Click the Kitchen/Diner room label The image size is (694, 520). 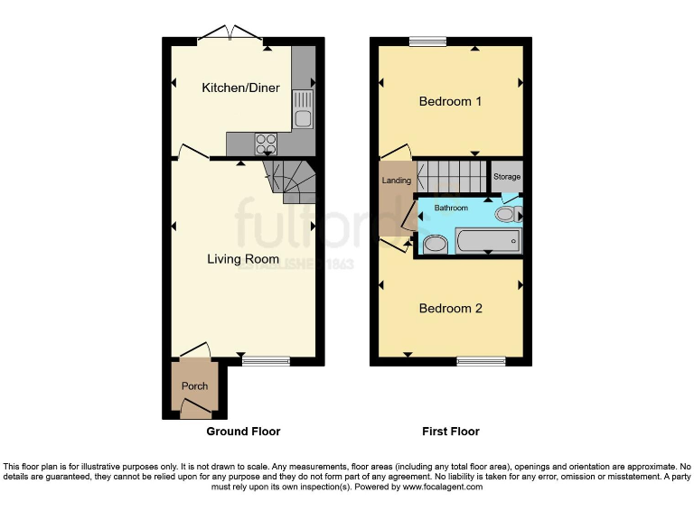(x=240, y=88)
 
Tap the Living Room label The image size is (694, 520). (x=243, y=259)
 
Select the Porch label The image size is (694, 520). (x=194, y=386)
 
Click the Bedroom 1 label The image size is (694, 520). (x=450, y=101)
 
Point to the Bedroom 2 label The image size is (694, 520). (x=450, y=309)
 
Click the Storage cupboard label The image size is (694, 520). (x=507, y=177)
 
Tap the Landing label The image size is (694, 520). (x=397, y=181)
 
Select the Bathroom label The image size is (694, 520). (x=451, y=209)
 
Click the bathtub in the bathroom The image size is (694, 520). (x=488, y=241)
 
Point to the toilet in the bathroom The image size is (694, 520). (x=510, y=214)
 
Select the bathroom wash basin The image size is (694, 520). (x=435, y=244)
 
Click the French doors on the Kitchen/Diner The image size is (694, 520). (x=230, y=36)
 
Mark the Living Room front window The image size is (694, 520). (x=266, y=361)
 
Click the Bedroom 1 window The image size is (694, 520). (x=427, y=41)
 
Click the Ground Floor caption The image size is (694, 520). (x=243, y=432)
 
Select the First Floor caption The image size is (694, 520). (x=450, y=432)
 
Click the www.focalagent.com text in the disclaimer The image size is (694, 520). (x=444, y=487)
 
